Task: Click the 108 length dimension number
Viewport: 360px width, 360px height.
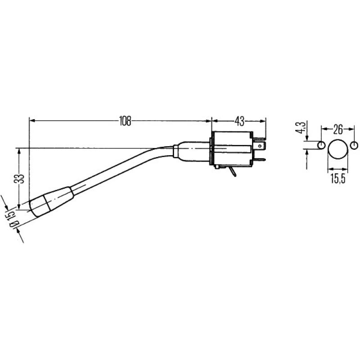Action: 125,121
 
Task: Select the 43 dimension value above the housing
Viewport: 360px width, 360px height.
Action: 239,121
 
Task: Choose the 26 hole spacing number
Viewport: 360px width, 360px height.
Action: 337,130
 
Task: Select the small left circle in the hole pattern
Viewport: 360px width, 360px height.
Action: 321,145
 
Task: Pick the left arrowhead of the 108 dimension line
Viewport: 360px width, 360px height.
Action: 32,121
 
